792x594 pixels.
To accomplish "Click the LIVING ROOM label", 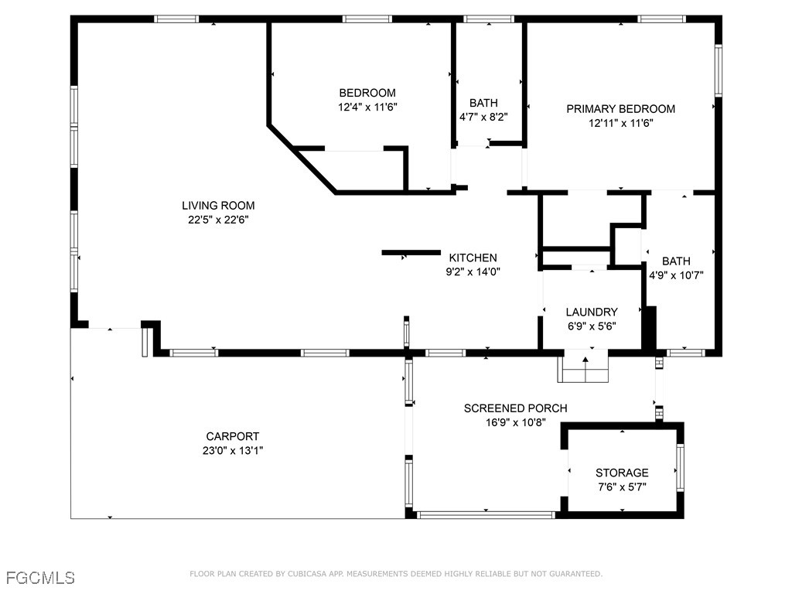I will click(218, 206).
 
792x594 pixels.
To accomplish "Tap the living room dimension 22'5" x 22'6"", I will click(218, 220).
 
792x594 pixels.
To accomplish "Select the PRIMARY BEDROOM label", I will click(620, 109).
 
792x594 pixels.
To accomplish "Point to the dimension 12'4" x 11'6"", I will click(367, 108).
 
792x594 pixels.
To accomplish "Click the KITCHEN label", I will click(473, 258).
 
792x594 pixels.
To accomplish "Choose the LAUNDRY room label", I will click(591, 312).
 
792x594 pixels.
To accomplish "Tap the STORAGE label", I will click(622, 473).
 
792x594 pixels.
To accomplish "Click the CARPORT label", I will click(232, 436).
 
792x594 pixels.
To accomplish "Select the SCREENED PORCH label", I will click(515, 408).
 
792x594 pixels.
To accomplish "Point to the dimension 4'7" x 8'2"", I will click(483, 118).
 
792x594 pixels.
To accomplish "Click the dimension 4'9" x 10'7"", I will click(676, 275).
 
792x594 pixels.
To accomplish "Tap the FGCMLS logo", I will click(40, 577).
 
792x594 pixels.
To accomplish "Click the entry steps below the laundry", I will click(584, 368).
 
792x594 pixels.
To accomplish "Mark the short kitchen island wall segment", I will click(411, 252).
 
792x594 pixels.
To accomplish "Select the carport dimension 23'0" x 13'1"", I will click(232, 450).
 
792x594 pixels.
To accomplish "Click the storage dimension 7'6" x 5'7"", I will click(622, 487).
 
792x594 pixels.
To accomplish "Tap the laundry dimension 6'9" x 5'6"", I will click(591, 326).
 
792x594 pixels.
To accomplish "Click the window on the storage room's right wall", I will click(680, 467).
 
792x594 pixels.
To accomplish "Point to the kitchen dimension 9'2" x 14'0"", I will click(473, 271).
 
